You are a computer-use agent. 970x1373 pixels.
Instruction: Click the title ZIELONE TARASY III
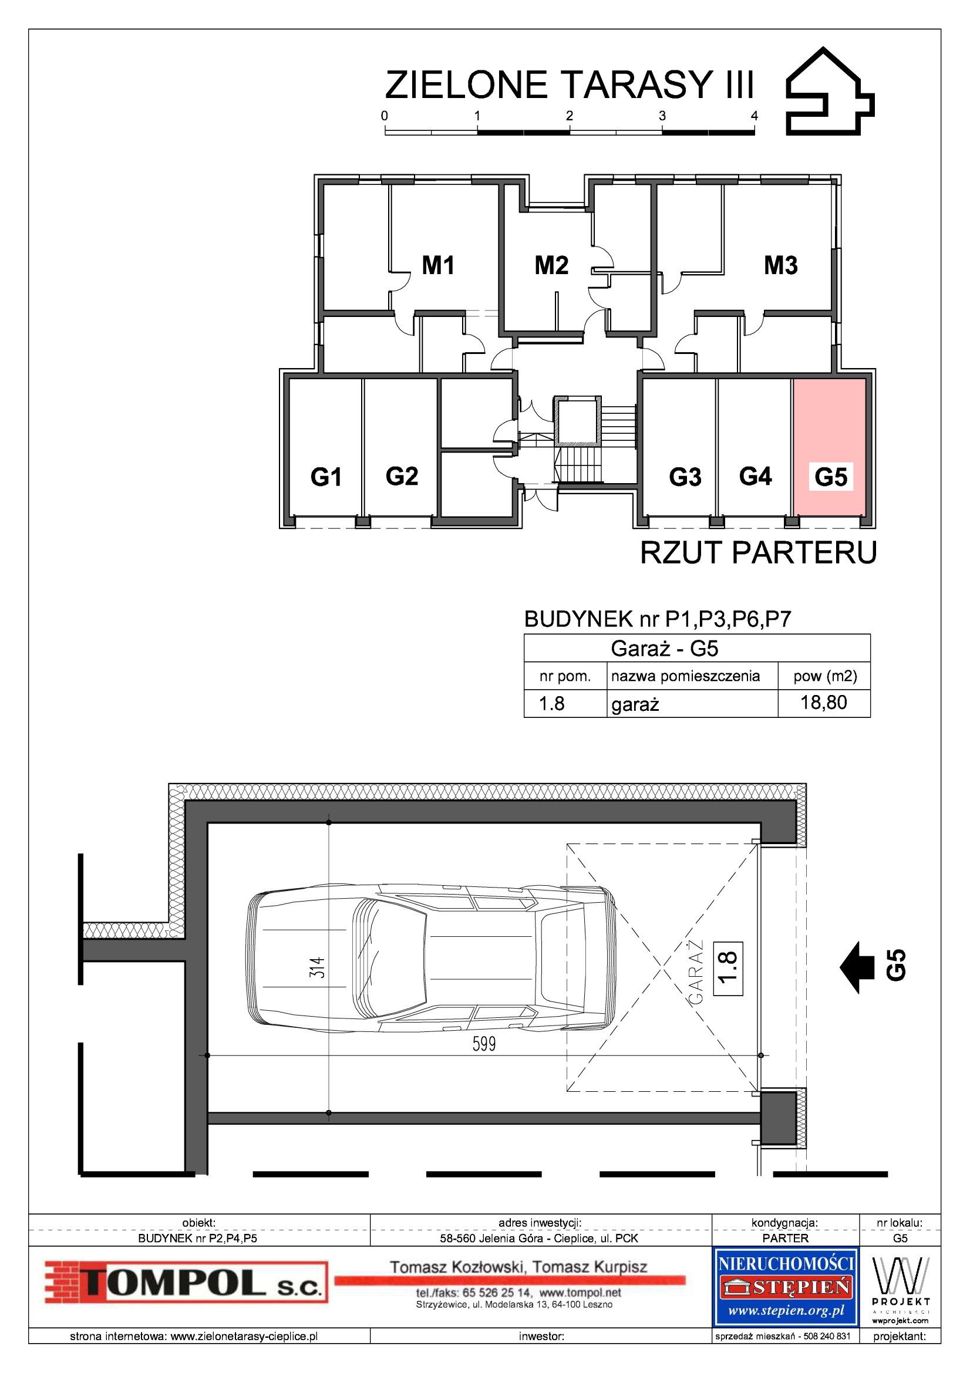click(570, 85)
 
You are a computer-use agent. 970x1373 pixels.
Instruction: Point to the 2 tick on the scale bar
click(570, 116)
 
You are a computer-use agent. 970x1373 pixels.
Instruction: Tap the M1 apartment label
click(439, 265)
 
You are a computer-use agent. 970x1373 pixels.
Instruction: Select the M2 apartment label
click(551, 265)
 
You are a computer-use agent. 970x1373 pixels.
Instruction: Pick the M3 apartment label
click(781, 265)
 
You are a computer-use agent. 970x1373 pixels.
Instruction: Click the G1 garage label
click(326, 477)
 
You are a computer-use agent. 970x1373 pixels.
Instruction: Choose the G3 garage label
click(685, 477)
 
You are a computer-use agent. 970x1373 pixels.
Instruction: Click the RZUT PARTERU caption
click(758, 552)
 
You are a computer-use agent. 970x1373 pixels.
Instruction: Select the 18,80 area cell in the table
click(823, 703)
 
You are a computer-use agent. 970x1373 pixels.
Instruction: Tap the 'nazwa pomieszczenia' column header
click(685, 676)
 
